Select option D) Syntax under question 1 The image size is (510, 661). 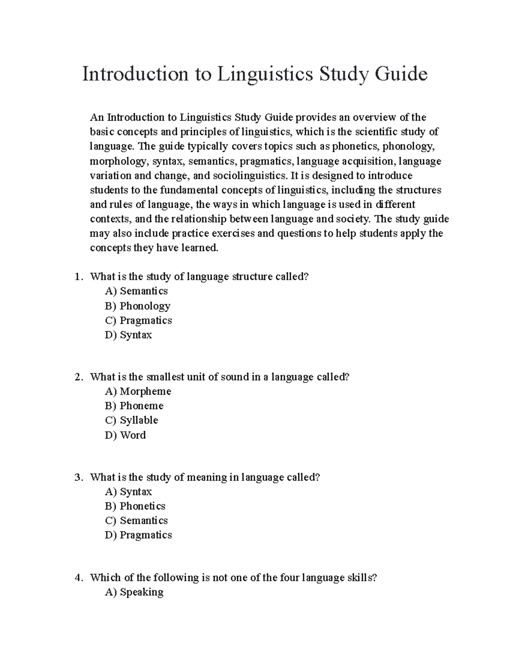pos(128,335)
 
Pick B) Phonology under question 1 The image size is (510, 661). pos(137,306)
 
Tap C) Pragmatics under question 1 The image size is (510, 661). pos(138,320)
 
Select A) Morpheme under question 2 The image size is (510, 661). pos(138,391)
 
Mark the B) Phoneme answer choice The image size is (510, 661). pos(134,406)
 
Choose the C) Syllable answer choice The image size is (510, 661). pos(131,420)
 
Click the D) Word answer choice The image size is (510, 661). pos(125,435)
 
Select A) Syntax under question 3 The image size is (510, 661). pos(128,492)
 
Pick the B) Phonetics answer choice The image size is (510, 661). pos(135,506)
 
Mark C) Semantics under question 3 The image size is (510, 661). pos(136,521)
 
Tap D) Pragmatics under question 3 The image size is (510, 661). pos(138,535)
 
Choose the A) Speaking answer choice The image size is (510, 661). pos(134,592)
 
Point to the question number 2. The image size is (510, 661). pos(77,377)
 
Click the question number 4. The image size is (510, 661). pos(77,578)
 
